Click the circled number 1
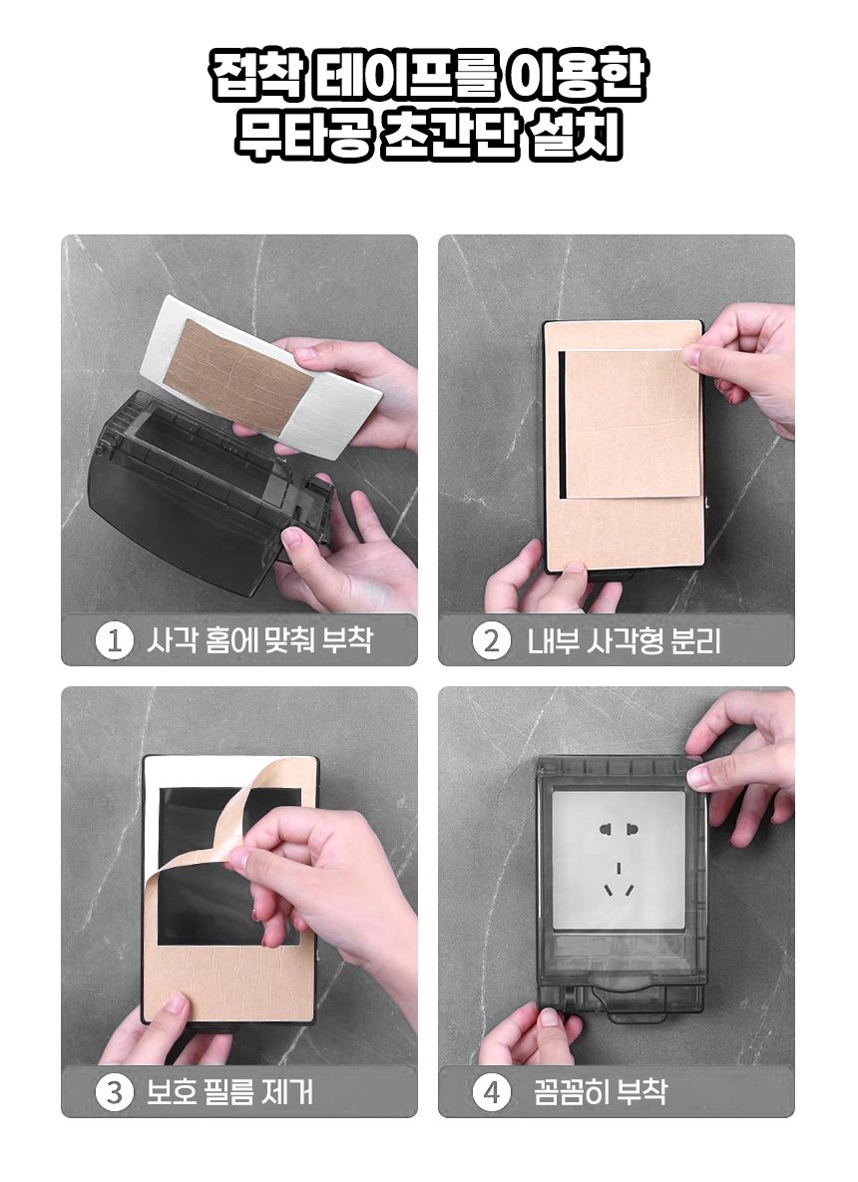[115, 640]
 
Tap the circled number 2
[492, 640]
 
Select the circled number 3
[115, 1092]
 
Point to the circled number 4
[492, 1092]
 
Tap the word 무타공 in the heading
[301, 136]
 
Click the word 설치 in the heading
[575, 136]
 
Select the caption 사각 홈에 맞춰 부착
[259, 640]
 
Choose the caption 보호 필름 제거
[229, 1092]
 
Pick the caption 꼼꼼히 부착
[601, 1092]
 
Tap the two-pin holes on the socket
[619, 830]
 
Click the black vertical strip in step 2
[562, 424]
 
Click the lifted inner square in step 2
[632, 422]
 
